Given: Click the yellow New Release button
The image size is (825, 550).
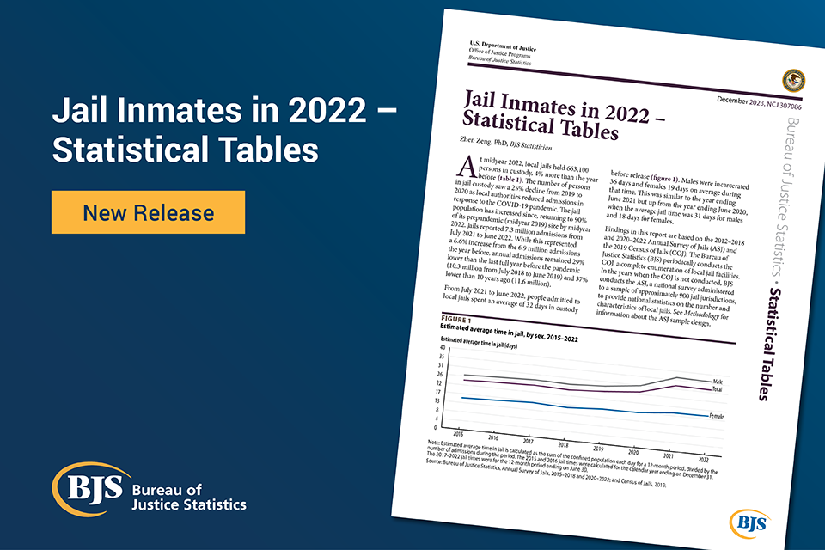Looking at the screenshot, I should (148, 211).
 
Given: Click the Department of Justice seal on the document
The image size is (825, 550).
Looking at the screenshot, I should (792, 81).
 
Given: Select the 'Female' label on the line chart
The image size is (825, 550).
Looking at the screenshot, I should (715, 416).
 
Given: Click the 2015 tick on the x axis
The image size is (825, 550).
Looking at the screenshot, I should (458, 434).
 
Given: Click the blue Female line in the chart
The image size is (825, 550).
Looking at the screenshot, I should (567, 407).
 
